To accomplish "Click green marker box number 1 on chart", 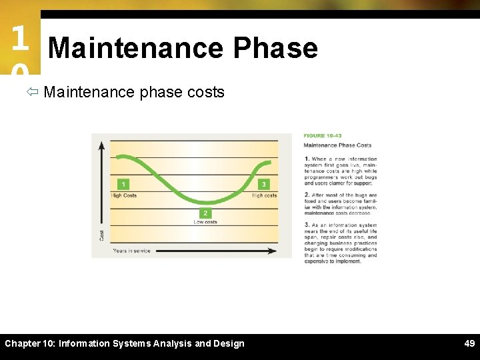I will (123, 184).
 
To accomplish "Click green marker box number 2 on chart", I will (205, 213).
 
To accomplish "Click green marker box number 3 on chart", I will (264, 184).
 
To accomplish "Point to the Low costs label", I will (205, 223).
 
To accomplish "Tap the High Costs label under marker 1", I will (124, 195).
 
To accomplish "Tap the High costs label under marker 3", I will (265, 195).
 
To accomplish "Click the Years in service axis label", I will (131, 251).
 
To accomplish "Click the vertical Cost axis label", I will (102, 235).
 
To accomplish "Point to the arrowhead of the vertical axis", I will (102, 144).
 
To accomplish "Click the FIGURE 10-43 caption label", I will (323, 136).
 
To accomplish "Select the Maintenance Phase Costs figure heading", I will (337, 145).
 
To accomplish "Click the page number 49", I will (469, 343).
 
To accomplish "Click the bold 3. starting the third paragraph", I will (306, 226).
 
